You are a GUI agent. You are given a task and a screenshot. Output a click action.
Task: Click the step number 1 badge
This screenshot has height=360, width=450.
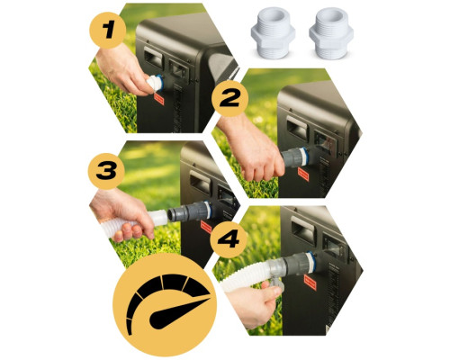point(108,30)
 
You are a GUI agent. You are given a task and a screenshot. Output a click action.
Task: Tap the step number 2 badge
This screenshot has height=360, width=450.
point(230,98)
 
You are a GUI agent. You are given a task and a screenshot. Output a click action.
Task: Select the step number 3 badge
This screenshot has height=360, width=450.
point(106,171)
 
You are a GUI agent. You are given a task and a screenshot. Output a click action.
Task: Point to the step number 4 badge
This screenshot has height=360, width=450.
point(229,239)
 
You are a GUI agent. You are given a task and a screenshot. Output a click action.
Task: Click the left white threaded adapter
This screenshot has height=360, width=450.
point(273,33)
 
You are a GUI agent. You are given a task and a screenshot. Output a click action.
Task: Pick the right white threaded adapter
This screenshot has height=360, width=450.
point(331,33)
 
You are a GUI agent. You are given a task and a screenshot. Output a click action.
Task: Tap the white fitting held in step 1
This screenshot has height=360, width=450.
point(156,83)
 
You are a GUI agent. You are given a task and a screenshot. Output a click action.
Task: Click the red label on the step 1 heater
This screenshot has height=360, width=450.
point(159,99)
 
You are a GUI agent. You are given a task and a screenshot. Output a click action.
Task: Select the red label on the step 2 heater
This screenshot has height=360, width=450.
point(303,175)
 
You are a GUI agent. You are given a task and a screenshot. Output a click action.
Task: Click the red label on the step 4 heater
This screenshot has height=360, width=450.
point(310,283)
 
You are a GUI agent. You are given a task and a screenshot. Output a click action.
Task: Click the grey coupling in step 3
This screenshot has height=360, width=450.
point(190,212)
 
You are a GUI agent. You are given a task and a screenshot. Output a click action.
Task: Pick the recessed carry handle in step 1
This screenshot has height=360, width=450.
point(154,57)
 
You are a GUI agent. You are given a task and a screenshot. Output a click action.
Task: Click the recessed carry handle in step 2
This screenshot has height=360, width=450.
point(297,128)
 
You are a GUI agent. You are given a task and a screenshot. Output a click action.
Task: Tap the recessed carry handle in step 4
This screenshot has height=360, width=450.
point(303,229)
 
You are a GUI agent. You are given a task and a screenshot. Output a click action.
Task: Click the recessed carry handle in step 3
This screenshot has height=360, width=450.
point(201,183)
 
